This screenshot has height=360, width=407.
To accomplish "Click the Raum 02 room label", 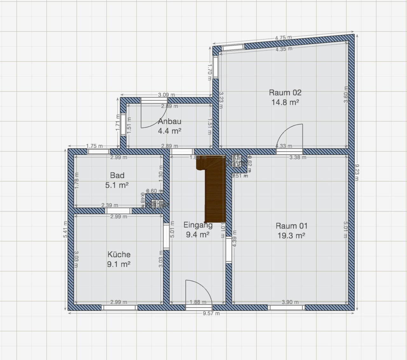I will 285,93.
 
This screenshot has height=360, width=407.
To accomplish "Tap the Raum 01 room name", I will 291,226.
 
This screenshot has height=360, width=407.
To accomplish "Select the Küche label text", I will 119,254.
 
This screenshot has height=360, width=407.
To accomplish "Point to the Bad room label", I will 117,175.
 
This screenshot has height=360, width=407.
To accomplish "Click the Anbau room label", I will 169,121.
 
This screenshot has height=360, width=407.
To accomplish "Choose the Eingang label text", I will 198,225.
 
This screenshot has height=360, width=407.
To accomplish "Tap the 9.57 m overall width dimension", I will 211,313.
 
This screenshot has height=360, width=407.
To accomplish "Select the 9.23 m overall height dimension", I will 357,172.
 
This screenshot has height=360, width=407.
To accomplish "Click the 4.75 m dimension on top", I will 283,38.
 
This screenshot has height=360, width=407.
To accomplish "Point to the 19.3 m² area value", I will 291,236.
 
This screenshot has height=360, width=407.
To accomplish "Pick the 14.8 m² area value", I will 285,102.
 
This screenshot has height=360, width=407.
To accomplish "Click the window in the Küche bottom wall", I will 120,308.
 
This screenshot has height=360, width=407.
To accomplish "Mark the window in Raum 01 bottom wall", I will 286,308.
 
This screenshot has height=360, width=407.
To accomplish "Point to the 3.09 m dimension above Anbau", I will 167,95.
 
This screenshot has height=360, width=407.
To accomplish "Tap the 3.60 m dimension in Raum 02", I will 346,94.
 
